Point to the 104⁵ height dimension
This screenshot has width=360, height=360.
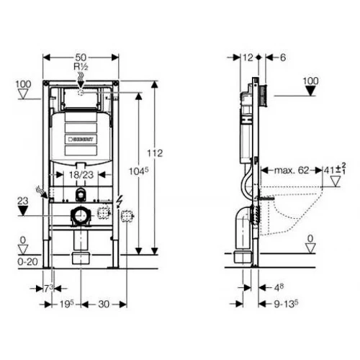point(143,171)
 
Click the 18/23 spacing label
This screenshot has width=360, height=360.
point(80,175)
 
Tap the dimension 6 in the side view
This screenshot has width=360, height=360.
point(282,57)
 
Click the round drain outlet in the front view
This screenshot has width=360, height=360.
point(80,214)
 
